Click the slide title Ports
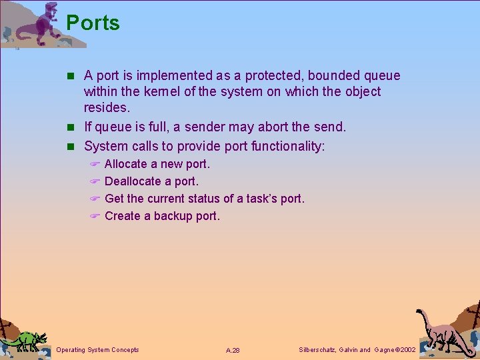(x=93, y=23)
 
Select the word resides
(x=107, y=107)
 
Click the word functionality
(x=279, y=145)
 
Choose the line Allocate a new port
(x=157, y=164)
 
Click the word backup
(x=173, y=216)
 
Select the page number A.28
(x=233, y=350)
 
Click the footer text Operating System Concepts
(x=98, y=350)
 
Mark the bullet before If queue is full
(x=74, y=127)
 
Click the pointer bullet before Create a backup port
(x=95, y=217)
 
